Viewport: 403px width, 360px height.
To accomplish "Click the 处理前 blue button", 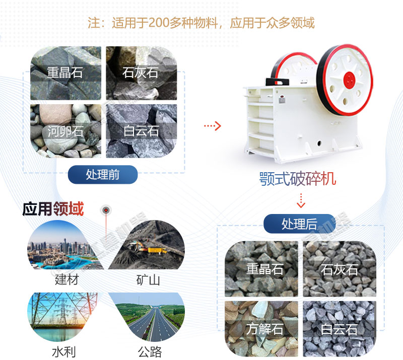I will (103, 175).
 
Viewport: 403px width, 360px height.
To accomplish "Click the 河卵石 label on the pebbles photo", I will (65, 132).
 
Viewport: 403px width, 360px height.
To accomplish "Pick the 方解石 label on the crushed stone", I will (264, 329).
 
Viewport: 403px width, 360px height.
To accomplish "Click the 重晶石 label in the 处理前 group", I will (65, 73).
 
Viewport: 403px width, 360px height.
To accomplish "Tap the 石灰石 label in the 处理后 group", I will (339, 269).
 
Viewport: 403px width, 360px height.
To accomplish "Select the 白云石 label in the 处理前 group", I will (141, 132).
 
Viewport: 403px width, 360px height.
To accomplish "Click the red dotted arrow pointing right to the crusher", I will (212, 126).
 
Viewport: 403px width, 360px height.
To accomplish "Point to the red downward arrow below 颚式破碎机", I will (301, 200).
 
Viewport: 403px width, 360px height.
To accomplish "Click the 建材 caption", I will (66, 279).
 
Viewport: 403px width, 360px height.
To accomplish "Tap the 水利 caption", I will (63, 351).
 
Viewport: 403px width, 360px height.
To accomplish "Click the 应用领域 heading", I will (53, 209).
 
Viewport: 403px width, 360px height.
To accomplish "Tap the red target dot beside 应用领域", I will (106, 209).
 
